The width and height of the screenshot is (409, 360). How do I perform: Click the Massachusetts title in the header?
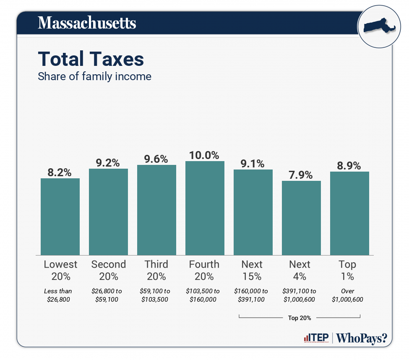87,23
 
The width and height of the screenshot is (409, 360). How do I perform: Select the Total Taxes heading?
91,59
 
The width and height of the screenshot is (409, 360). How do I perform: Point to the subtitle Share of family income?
94,77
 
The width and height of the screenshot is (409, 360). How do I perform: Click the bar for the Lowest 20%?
60,217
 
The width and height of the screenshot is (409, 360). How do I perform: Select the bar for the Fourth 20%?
205,208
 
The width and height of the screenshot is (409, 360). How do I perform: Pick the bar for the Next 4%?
301,218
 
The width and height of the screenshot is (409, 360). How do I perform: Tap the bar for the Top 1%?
349,213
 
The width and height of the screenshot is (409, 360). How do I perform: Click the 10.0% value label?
204,155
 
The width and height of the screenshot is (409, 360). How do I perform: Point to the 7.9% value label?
301,175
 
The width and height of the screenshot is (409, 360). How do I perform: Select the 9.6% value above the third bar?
156,159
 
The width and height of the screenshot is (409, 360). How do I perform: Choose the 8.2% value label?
60,172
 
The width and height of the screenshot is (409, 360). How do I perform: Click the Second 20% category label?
108,270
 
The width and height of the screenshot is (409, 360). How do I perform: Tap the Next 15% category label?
252,270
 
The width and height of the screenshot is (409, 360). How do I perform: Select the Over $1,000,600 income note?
347,295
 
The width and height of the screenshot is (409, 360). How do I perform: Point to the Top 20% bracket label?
300,318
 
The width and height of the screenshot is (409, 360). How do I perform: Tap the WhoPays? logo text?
361,338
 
